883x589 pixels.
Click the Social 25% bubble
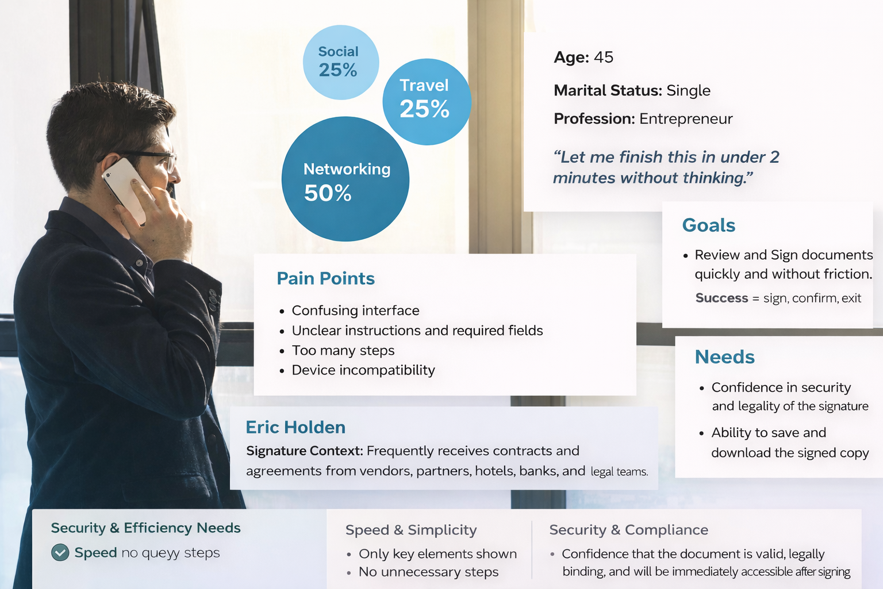tap(341, 62)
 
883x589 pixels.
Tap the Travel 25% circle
tap(427, 102)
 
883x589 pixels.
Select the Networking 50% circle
tap(345, 179)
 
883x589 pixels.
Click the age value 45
tap(604, 57)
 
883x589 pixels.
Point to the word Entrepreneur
tap(686, 118)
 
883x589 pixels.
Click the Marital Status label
tap(608, 90)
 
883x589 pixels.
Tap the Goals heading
tap(709, 225)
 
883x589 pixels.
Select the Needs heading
tap(724, 357)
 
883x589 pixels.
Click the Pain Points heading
tap(325, 278)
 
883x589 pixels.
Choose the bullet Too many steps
tap(343, 350)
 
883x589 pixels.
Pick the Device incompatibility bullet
tap(363, 370)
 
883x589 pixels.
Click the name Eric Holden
tap(295, 427)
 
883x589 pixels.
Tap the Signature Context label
tap(305, 451)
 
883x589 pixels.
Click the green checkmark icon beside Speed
tap(60, 552)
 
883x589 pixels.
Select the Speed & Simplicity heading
tap(411, 530)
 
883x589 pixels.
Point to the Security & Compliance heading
tap(629, 530)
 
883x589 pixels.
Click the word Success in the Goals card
tap(722, 298)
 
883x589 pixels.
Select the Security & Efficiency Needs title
tap(146, 528)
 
